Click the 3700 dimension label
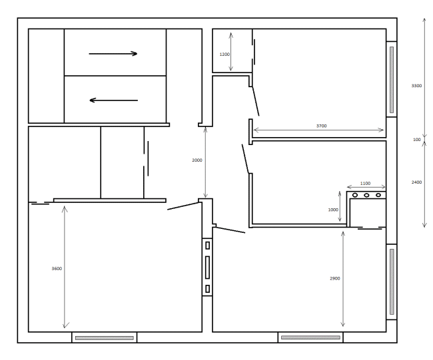(322, 126)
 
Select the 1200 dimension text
(224, 55)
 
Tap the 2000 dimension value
(197, 160)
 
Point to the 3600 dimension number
(57, 268)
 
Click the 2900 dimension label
(335, 278)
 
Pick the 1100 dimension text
(365, 183)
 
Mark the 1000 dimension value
(333, 210)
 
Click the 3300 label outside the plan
(417, 86)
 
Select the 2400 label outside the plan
(417, 182)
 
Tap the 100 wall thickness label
(417, 140)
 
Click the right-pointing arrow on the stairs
(113, 53)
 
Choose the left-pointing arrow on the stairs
(113, 100)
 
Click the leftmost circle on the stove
(355, 195)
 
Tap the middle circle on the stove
(366, 195)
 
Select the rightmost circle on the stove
(378, 195)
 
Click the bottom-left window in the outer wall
(105, 338)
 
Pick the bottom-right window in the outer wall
(310, 337)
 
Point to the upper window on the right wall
(392, 80)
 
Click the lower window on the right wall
(392, 281)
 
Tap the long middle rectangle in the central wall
(207, 268)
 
